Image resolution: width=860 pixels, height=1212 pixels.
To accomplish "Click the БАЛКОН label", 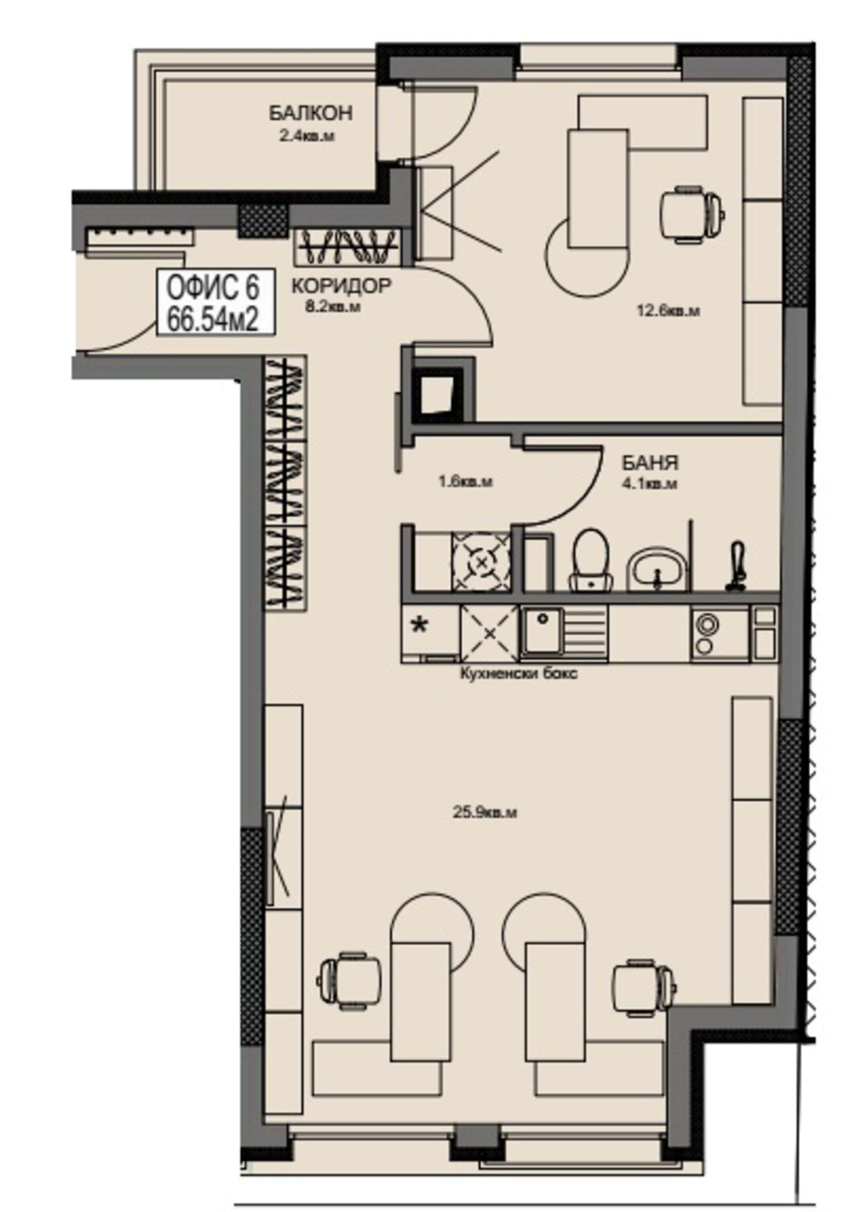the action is pyautogui.click(x=311, y=113).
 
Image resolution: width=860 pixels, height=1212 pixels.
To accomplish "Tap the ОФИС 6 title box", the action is pyautogui.click(x=216, y=303).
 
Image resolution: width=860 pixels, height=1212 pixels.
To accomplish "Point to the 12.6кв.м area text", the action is pyautogui.click(x=668, y=311).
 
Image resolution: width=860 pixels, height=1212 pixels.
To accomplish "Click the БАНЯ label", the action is pyautogui.click(x=650, y=462).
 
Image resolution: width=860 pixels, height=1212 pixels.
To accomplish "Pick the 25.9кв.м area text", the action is pyautogui.click(x=484, y=812).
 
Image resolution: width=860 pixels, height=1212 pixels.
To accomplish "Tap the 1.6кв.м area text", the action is pyautogui.click(x=466, y=482).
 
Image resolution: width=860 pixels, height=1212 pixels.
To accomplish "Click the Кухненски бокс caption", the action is pyautogui.click(x=519, y=673).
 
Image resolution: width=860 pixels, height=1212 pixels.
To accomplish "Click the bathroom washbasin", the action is pyautogui.click(x=657, y=569).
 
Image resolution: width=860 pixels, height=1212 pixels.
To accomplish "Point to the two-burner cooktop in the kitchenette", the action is pyautogui.click(x=720, y=635).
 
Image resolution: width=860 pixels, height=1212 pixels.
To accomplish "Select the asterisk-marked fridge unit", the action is pyautogui.click(x=430, y=632).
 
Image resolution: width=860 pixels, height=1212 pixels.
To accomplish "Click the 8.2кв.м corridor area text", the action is pyautogui.click(x=333, y=307).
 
